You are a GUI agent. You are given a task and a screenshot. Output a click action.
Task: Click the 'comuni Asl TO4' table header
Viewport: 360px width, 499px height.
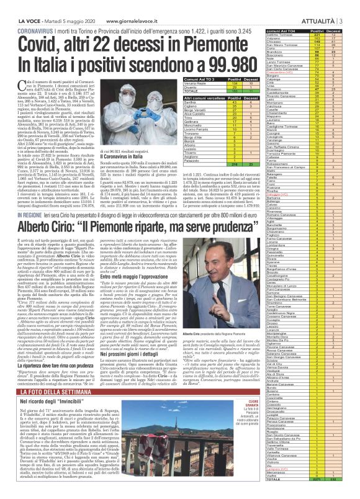click(280, 30)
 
